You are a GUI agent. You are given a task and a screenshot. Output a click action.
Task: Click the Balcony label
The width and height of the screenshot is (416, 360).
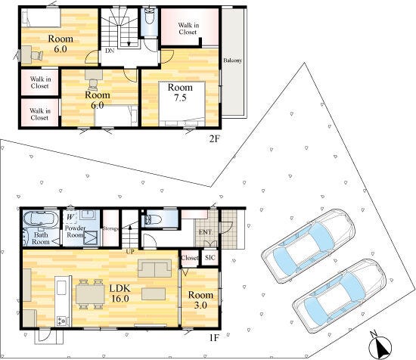coord(232,61)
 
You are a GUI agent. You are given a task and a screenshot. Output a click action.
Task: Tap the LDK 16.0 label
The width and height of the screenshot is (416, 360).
coord(120,293)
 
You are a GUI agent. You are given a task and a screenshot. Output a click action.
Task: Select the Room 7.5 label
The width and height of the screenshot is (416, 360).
coord(180,92)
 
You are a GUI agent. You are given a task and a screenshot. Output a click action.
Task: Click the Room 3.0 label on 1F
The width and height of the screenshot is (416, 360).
coord(200,299)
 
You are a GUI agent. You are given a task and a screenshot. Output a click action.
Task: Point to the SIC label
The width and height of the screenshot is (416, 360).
coord(210,258)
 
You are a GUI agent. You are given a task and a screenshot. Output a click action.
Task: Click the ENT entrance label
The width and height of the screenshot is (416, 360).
coord(205,232)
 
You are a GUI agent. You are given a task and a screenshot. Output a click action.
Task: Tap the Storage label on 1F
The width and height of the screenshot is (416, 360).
coord(110,228)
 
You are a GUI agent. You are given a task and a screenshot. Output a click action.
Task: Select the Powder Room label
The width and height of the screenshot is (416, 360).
coord(76,231)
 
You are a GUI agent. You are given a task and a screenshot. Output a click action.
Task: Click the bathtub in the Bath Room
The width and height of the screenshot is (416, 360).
coord(41,219)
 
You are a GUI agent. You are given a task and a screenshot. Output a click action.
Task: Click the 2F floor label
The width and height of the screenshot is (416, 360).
coord(215,138)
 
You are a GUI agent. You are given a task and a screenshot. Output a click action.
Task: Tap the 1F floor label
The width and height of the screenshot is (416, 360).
coord(214,338)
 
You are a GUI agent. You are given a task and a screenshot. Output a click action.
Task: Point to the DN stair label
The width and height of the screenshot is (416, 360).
coord(110,51)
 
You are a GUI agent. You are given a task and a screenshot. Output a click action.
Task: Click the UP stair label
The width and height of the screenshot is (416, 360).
coord(130,251)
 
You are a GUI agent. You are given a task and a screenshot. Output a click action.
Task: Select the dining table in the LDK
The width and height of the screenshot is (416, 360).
coord(90,294)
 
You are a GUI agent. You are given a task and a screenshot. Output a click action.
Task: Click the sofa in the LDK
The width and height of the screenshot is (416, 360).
coord(154,268)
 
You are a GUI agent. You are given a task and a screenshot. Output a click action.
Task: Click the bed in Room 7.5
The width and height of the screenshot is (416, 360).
coord(182,104)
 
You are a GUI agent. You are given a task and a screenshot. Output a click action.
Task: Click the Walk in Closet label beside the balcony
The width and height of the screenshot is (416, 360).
coord(188,29)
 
